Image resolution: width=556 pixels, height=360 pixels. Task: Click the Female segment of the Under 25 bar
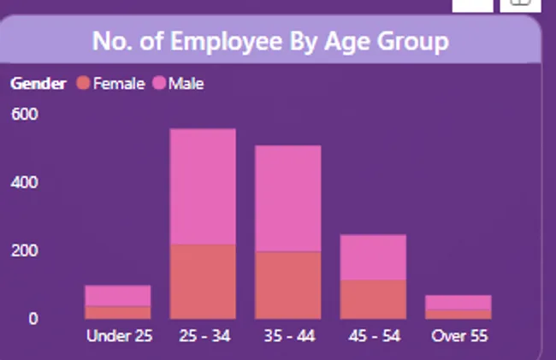(x=118, y=313)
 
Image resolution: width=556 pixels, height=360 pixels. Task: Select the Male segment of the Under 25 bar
(x=118, y=296)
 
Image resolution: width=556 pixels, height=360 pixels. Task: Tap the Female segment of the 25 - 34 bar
(x=203, y=281)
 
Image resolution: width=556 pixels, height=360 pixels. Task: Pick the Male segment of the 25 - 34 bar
(x=203, y=186)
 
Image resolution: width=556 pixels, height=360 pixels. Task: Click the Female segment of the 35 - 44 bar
(x=288, y=285)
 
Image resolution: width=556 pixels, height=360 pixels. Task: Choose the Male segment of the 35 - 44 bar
(x=288, y=198)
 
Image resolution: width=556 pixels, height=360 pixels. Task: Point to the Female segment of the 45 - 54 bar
(x=373, y=299)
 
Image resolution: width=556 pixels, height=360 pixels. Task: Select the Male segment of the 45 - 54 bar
(x=373, y=257)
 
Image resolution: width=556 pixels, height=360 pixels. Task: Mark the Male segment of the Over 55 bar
(x=458, y=302)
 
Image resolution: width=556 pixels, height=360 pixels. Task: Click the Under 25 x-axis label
(x=119, y=336)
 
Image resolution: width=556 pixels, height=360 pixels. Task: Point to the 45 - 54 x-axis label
(x=373, y=336)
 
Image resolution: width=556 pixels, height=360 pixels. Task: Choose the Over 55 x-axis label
(x=459, y=336)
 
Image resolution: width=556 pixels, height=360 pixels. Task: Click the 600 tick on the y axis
(x=25, y=115)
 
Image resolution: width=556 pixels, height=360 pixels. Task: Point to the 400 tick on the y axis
(x=25, y=182)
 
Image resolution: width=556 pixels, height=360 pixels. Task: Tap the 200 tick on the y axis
(x=25, y=251)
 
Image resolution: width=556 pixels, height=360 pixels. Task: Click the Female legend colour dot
(x=83, y=83)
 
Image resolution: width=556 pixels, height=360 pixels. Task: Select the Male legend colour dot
(x=159, y=83)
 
